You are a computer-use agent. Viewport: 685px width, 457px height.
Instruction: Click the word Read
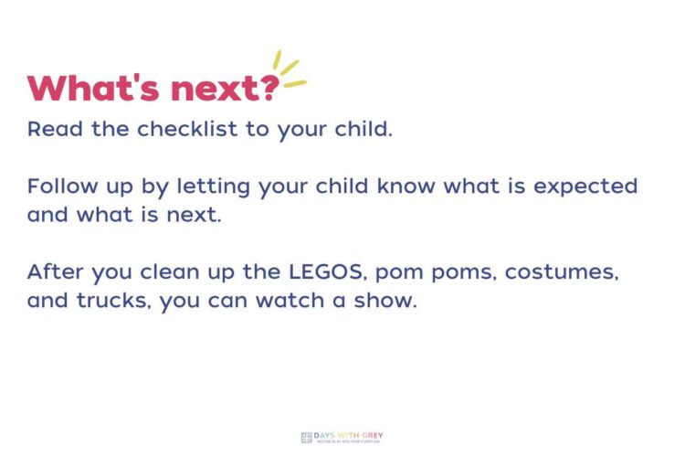(x=53, y=129)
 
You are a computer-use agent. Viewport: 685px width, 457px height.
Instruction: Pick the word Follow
(x=61, y=186)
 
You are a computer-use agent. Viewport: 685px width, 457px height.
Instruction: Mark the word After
(x=54, y=272)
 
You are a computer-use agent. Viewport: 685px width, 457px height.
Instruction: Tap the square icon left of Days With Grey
(x=306, y=437)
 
